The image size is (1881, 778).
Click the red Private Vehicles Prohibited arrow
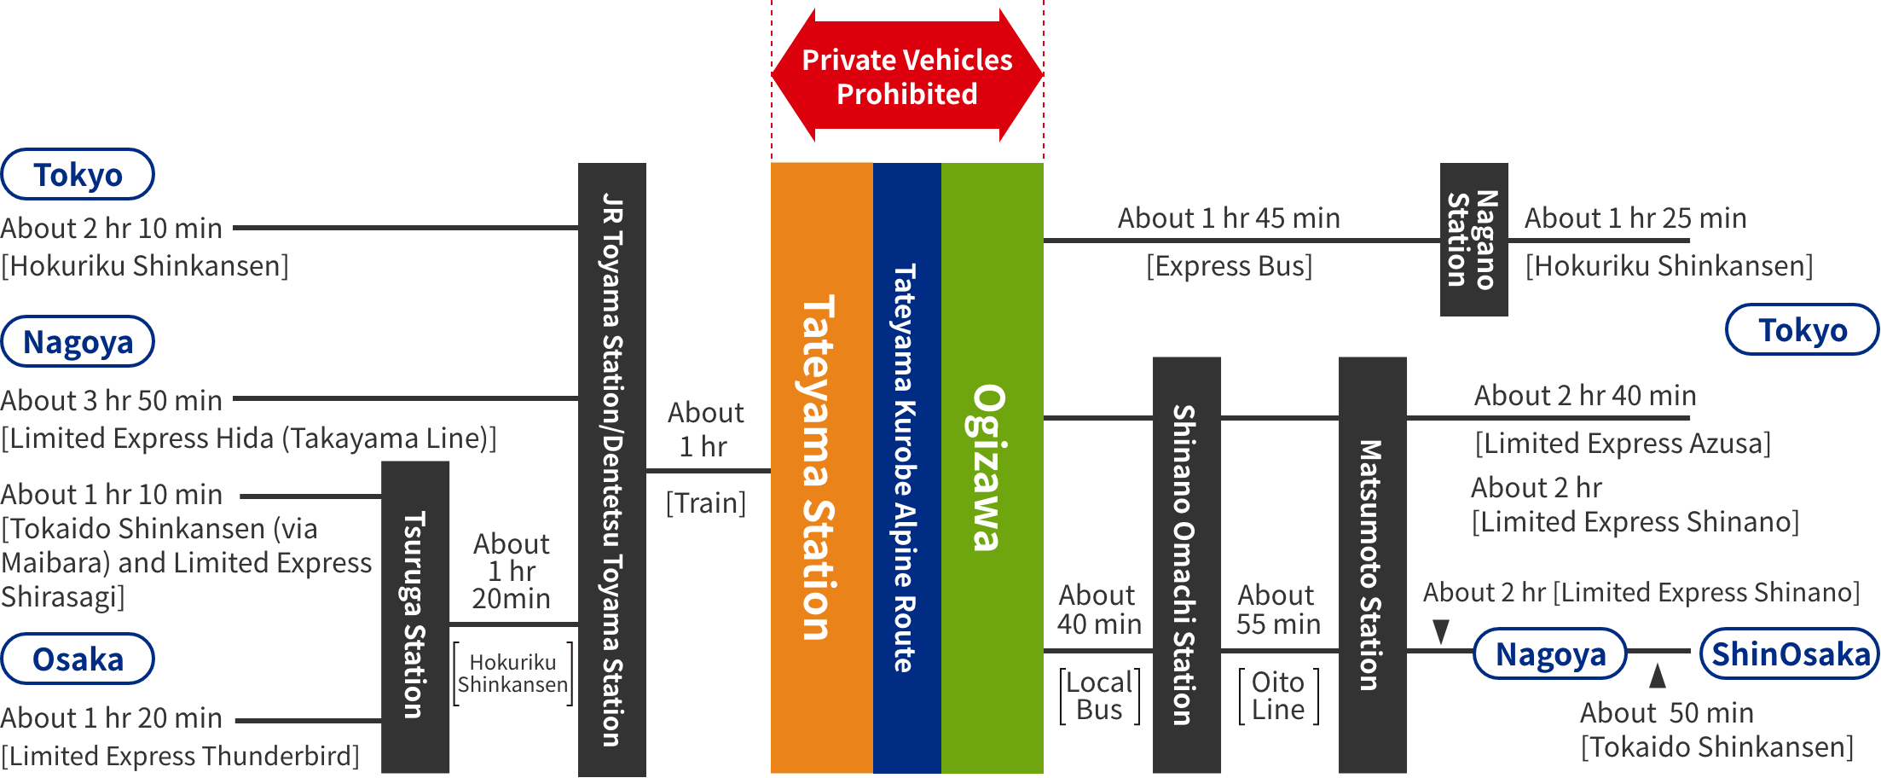[907, 77]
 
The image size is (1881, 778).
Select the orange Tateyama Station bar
[821, 467]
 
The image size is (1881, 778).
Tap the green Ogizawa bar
[992, 467]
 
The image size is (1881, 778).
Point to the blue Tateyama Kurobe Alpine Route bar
[906, 467]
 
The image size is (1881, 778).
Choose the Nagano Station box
[1474, 239]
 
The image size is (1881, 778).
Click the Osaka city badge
[78, 659]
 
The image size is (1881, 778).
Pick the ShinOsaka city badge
[1790, 654]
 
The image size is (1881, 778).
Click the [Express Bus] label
[1229, 266]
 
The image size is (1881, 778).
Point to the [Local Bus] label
[1099, 696]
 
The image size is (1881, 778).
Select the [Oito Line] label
[1278, 696]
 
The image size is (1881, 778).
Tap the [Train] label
[706, 503]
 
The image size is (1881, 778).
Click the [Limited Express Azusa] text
[1623, 444]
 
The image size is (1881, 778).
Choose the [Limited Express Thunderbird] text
[180, 756]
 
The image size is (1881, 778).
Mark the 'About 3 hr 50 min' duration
[112, 400]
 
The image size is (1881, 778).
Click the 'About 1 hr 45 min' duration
[1229, 218]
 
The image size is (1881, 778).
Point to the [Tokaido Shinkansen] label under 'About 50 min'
[1716, 747]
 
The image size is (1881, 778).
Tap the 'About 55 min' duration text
[1278, 609]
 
